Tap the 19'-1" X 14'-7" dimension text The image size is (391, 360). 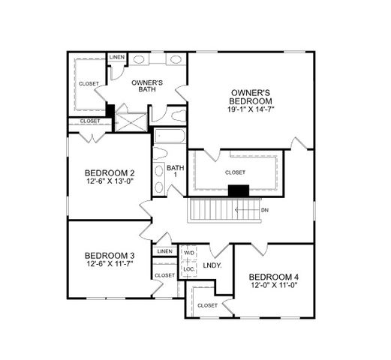(x=250, y=109)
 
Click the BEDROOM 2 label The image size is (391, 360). (x=110, y=171)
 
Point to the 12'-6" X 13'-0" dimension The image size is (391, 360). (x=110, y=181)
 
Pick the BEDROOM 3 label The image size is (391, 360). (x=110, y=254)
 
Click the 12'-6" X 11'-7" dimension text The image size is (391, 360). (x=110, y=265)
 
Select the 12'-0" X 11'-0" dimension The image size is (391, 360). (x=274, y=286)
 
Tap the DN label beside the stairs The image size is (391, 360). (x=264, y=210)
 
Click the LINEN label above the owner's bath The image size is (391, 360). (x=117, y=58)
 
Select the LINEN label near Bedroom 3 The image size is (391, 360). (x=165, y=251)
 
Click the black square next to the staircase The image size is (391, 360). (x=238, y=191)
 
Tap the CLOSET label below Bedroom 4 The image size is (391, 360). (x=207, y=306)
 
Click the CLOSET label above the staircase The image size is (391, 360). (x=235, y=172)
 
